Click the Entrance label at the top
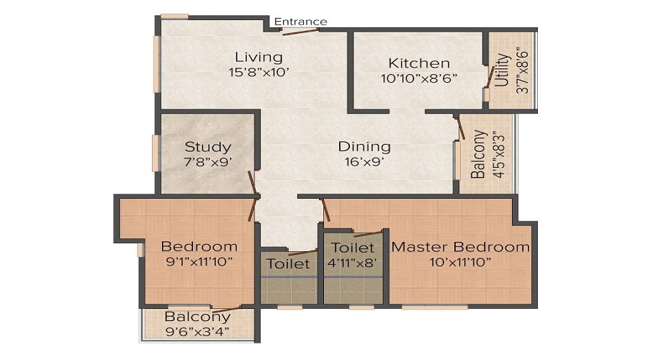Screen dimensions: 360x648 point(300,22)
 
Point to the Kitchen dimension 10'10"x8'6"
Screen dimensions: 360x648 point(419,78)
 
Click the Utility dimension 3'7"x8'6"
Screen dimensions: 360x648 point(523,71)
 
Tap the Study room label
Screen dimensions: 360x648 point(207,147)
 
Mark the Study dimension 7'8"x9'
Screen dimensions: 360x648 point(208,162)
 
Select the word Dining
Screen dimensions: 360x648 point(364,147)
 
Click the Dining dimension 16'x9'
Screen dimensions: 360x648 point(364,162)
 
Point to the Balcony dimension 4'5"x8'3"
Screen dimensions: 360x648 point(494,154)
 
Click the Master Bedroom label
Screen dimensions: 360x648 point(461,247)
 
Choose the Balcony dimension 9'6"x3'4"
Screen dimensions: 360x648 point(198,331)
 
